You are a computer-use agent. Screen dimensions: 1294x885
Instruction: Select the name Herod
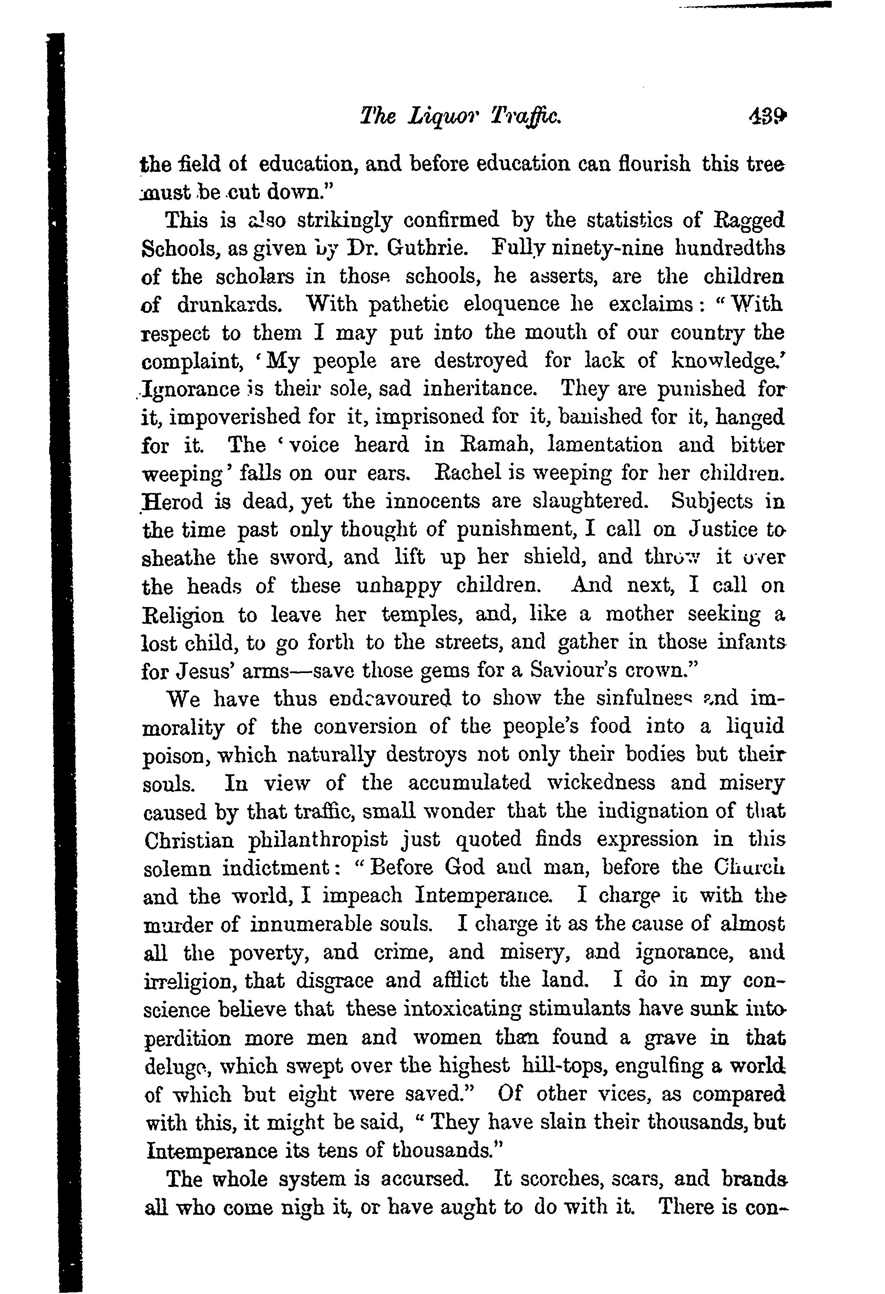[x=173, y=502]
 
